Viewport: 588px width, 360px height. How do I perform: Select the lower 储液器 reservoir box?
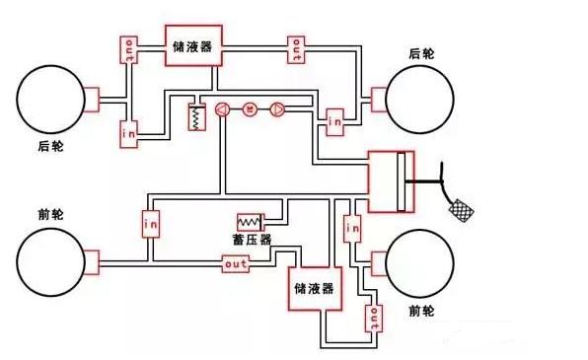pyautogui.click(x=315, y=289)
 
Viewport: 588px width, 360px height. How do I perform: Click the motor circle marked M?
pyautogui.click(x=250, y=109)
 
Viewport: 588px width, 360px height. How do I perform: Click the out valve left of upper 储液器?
pyautogui.click(x=128, y=50)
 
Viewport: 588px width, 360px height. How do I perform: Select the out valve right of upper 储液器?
pyautogui.click(x=296, y=49)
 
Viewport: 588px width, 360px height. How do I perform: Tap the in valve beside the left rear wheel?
pyautogui.click(x=128, y=132)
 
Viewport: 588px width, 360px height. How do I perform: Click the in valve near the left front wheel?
pyautogui.click(x=151, y=224)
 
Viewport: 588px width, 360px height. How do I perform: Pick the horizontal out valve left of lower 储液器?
pyautogui.click(x=236, y=264)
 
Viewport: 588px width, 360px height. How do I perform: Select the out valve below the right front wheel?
pyautogui.click(x=373, y=318)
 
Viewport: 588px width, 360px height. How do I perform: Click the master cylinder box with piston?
pyautogui.click(x=391, y=180)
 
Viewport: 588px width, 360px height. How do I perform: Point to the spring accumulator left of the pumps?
pyautogui.click(x=196, y=118)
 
